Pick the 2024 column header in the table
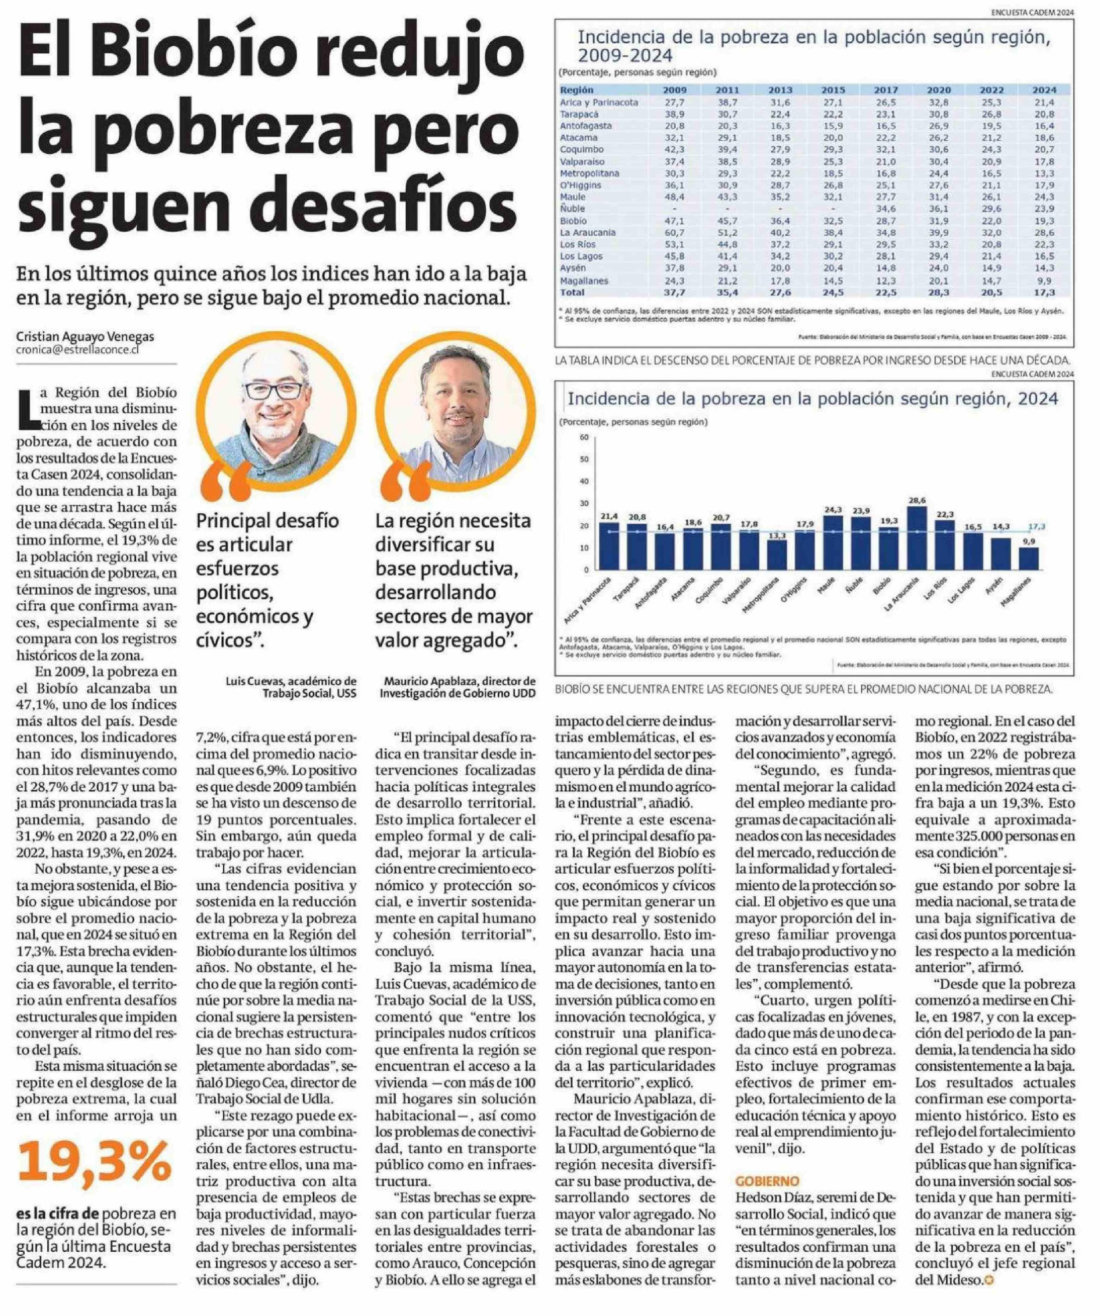pyautogui.click(x=1044, y=90)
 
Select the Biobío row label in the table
pyautogui.click(x=573, y=221)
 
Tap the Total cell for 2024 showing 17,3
pyautogui.click(x=1044, y=292)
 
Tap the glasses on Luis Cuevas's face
pyautogui.click(x=273, y=390)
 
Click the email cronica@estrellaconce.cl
pyautogui.click(x=78, y=350)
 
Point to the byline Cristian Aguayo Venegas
pyautogui.click(x=85, y=336)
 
